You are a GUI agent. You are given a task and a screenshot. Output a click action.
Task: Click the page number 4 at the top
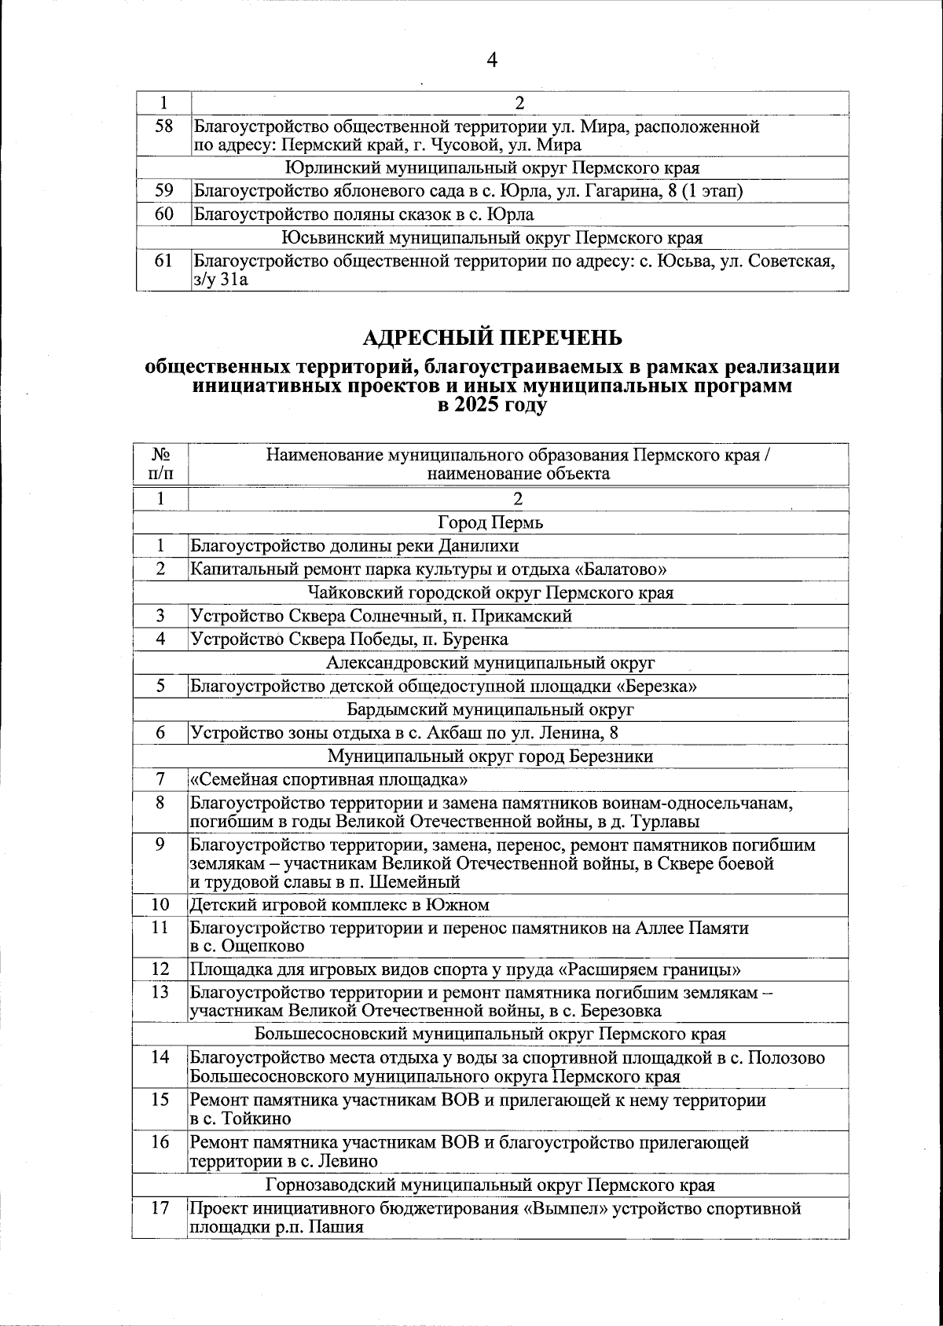(x=493, y=60)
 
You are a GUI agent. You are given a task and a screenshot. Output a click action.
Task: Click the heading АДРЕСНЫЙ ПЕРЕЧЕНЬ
(x=492, y=338)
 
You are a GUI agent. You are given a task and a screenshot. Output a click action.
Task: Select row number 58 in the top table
(x=163, y=126)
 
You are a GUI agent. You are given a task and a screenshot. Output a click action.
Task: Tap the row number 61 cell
(x=163, y=262)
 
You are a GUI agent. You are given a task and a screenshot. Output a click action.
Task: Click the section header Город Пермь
(x=490, y=522)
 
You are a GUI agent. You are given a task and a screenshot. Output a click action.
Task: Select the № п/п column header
(x=161, y=464)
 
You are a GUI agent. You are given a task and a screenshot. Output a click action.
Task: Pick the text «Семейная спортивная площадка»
(x=330, y=780)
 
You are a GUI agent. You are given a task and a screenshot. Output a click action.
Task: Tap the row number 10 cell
(x=160, y=905)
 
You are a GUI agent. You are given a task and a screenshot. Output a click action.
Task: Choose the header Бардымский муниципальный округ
(x=490, y=710)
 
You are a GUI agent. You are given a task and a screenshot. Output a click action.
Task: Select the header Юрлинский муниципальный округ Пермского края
(x=492, y=168)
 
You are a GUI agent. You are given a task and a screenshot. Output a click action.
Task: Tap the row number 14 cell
(x=160, y=1057)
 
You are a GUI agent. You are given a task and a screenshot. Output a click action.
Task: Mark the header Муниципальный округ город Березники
(x=490, y=756)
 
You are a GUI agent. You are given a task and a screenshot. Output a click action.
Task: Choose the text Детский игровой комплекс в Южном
(x=339, y=905)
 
